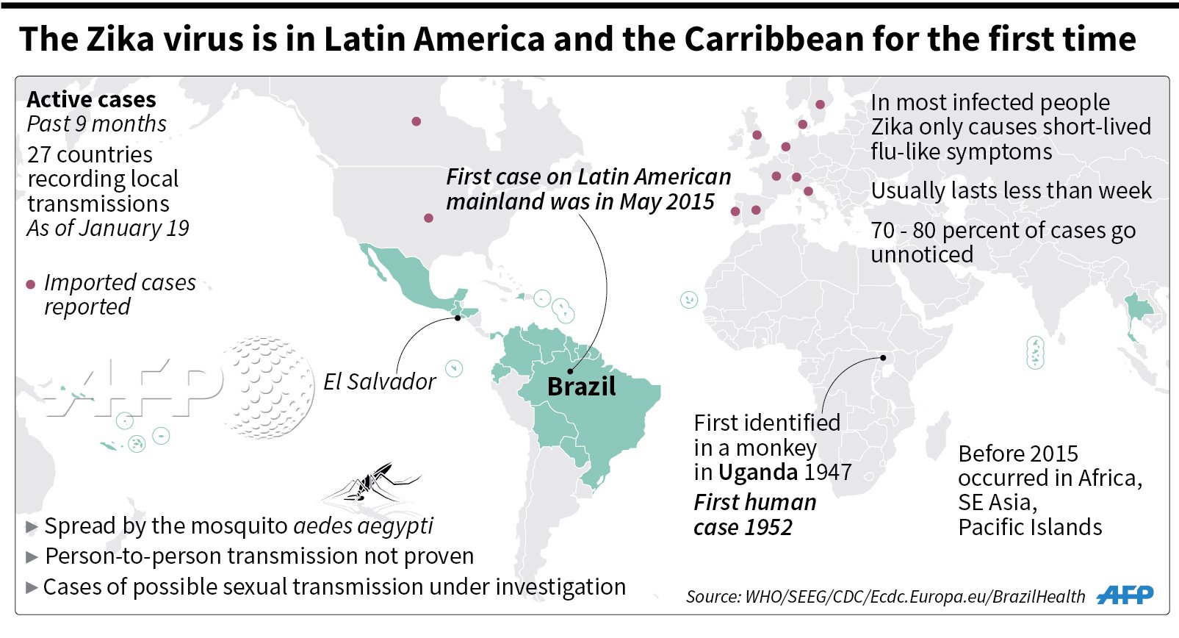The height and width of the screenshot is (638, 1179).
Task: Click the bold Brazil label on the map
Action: [582, 387]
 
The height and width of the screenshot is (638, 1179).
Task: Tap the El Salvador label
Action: [380, 382]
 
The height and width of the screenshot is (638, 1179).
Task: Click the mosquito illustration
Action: [371, 483]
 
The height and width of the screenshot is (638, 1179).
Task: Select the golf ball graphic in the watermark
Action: [269, 387]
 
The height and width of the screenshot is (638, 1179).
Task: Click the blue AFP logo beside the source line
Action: [1125, 595]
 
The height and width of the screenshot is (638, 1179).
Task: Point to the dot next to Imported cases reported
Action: [31, 285]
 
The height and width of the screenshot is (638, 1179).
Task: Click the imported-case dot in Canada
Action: [417, 122]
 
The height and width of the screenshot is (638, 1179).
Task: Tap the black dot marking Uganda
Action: [883, 358]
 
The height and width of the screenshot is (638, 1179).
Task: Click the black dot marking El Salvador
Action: [458, 318]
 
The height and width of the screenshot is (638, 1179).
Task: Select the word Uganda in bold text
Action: [758, 472]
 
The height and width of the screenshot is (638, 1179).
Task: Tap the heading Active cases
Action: [92, 99]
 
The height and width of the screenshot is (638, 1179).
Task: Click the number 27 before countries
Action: [39, 155]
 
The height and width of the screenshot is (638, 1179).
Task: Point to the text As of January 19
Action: [108, 229]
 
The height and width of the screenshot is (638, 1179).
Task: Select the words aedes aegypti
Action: [363, 526]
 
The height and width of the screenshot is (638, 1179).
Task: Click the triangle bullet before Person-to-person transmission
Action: [32, 556]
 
